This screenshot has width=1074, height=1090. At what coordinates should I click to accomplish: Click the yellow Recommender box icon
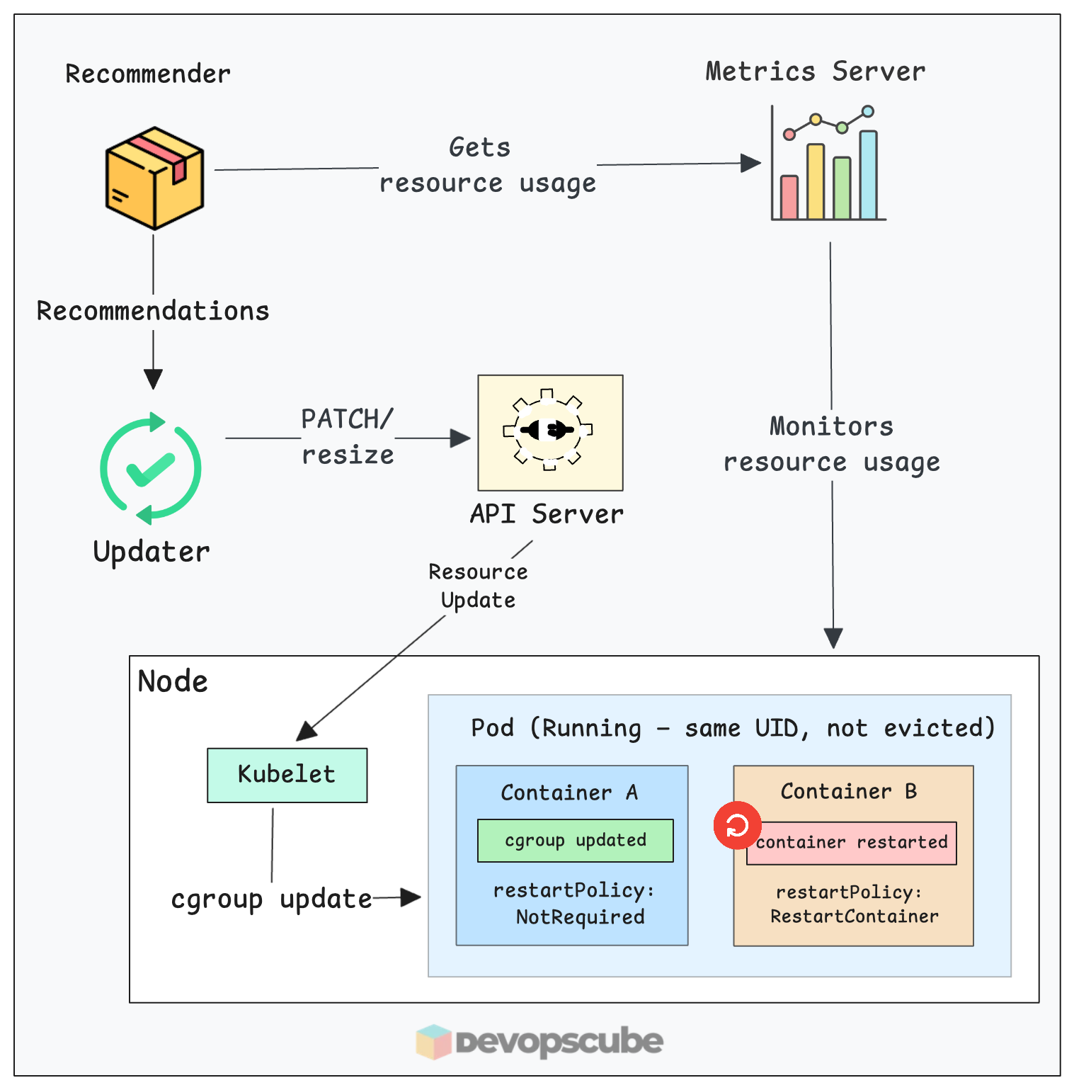tap(154, 178)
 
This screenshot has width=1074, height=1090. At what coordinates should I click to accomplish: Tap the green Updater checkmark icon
tap(151, 468)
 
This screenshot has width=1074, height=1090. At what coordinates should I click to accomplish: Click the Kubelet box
tap(287, 775)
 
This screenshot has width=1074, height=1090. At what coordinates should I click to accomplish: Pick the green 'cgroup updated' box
tap(575, 841)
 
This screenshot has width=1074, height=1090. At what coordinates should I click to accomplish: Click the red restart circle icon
tap(737, 825)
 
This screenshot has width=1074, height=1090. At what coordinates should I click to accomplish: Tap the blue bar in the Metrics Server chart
tap(868, 175)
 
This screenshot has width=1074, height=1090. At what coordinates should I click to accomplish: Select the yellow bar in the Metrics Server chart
tap(816, 182)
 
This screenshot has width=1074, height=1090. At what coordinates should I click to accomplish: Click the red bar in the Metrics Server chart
tap(789, 197)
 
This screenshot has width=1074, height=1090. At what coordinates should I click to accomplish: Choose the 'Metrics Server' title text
tap(815, 72)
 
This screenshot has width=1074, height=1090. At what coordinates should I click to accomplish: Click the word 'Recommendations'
tap(153, 311)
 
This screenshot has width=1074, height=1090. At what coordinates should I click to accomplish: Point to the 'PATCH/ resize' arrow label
tap(347, 437)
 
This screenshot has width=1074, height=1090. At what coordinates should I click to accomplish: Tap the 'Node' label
tap(173, 681)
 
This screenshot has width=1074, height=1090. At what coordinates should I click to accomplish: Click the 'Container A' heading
tap(569, 793)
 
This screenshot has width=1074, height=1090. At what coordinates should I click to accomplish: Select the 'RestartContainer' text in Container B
tap(854, 916)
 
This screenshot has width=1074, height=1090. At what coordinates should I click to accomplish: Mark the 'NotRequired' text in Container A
tap(580, 917)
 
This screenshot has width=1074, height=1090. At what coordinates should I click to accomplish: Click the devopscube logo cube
tap(433, 1042)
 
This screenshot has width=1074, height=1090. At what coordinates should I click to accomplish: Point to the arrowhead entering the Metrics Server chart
tap(751, 163)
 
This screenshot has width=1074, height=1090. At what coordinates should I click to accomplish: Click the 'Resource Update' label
tap(478, 586)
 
